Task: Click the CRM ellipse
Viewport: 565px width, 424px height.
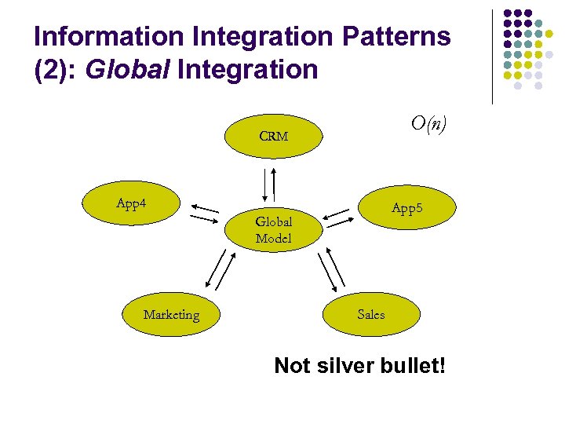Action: click(273, 137)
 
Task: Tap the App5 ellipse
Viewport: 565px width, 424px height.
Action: click(406, 209)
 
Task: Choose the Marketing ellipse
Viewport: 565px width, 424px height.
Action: click(171, 315)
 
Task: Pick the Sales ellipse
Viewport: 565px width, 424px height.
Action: click(370, 314)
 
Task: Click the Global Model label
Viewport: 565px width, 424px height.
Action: click(273, 230)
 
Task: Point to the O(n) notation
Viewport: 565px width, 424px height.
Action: click(428, 123)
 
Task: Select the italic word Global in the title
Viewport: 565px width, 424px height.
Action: click(129, 70)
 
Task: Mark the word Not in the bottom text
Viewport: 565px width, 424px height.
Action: click(292, 365)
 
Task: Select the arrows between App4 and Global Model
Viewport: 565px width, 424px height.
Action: click(204, 214)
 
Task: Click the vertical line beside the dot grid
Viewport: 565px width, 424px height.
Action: click(492, 57)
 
